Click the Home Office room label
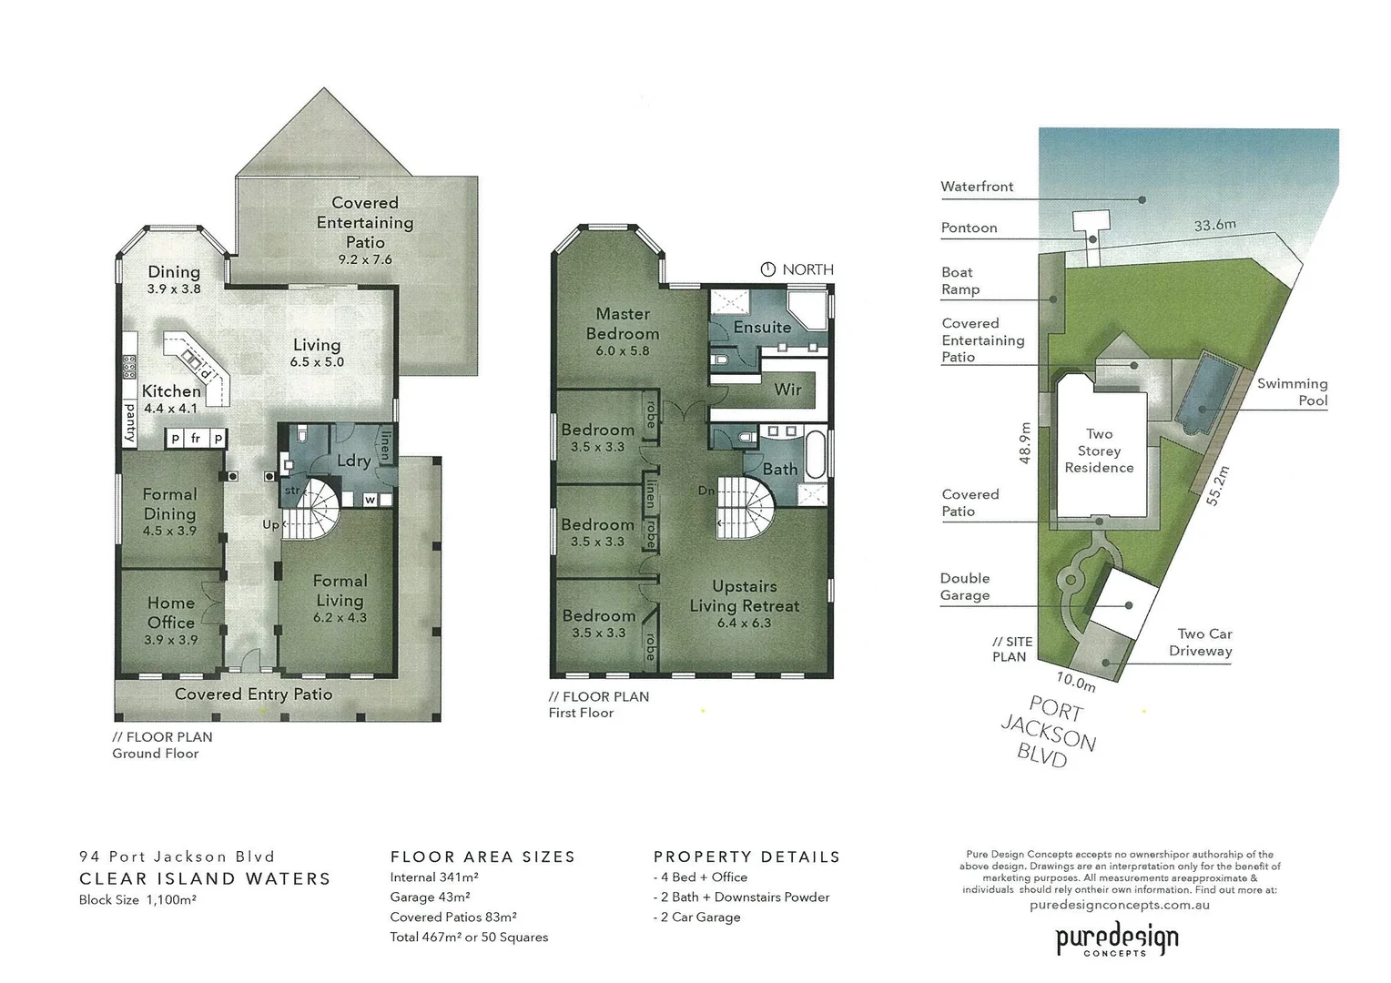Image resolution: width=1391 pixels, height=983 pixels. (171, 613)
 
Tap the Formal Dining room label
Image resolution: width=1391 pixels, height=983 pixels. (169, 504)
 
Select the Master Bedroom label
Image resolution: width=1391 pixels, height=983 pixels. (623, 324)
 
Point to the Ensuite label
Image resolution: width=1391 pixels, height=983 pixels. (762, 328)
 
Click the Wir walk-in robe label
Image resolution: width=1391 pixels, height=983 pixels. (787, 390)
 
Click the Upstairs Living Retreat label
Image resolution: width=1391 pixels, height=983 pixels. (744, 596)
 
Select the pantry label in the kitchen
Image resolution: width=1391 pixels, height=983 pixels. (130, 423)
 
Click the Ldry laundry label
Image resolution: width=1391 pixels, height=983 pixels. (353, 461)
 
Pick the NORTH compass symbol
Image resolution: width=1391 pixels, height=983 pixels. (767, 269)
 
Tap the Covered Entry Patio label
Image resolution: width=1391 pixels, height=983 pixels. (253, 694)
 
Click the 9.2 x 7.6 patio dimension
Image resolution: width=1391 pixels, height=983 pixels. (365, 259)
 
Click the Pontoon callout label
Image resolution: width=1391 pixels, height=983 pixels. (969, 228)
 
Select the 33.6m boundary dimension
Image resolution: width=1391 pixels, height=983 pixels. (1214, 225)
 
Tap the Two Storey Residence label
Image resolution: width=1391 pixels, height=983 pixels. (1099, 451)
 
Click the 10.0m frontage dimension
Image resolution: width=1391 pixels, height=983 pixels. (1075, 681)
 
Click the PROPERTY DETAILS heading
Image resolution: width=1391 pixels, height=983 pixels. (746, 856)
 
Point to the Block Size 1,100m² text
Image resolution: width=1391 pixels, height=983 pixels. (137, 900)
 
